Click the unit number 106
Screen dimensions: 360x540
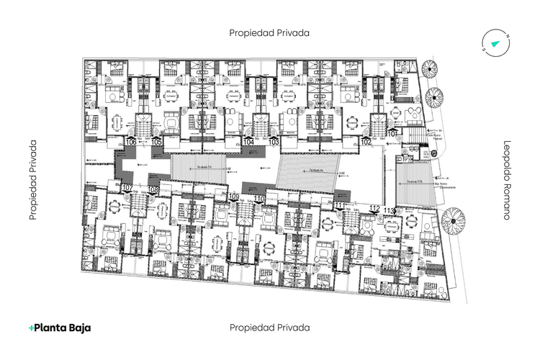(131, 142)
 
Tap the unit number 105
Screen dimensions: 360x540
(156, 142)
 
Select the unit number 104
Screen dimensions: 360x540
(248, 142)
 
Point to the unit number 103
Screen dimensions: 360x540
(274, 142)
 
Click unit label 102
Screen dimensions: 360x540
(366, 142)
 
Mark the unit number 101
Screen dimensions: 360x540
(392, 134)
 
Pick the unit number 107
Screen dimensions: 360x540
(127, 188)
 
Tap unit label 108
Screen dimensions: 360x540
(153, 189)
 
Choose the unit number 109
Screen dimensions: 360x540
(233, 197)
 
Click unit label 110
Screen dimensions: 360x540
(258, 198)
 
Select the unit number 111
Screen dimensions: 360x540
(340, 206)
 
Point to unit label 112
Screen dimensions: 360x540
(374, 208)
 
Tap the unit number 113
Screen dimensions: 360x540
(390, 210)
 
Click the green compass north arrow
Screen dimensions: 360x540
(495, 44)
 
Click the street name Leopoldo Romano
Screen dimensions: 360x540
(507, 179)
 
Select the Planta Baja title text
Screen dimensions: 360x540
(63, 328)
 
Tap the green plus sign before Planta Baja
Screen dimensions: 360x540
(32, 328)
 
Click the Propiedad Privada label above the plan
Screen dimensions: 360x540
(269, 32)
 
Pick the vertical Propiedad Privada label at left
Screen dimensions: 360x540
(32, 180)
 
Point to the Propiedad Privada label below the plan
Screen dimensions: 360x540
(269, 327)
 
